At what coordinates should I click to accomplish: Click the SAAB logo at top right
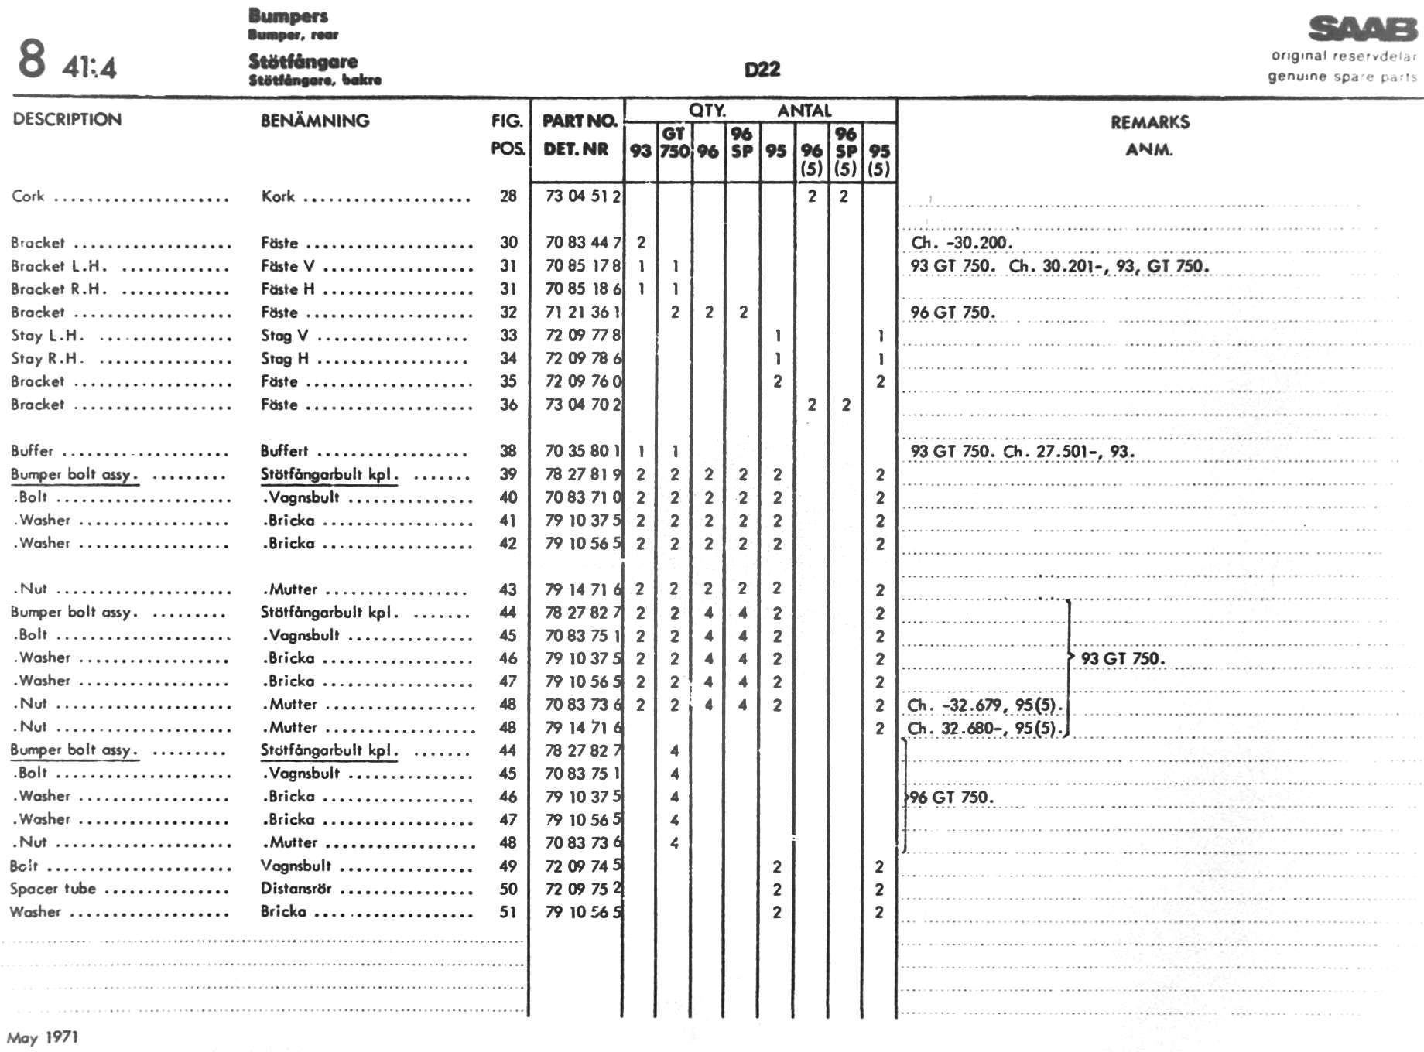click(x=1362, y=29)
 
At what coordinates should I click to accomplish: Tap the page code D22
click(x=762, y=70)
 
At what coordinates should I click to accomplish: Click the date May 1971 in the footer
click(x=43, y=1037)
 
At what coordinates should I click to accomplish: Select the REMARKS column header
click(x=1149, y=122)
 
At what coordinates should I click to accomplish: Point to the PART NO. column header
click(x=580, y=121)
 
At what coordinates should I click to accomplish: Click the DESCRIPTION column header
click(x=67, y=119)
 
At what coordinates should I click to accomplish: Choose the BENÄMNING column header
click(x=315, y=121)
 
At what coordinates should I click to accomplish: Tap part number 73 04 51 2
click(x=583, y=196)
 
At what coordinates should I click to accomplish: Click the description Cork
click(x=28, y=196)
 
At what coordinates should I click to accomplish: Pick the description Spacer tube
click(x=53, y=889)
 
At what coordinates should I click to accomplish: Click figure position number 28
click(x=508, y=196)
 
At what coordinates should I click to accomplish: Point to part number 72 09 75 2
click(x=583, y=889)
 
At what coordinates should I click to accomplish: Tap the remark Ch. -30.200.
click(x=961, y=243)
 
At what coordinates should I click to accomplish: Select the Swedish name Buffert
click(x=284, y=451)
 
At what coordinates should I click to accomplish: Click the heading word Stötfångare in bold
click(x=303, y=61)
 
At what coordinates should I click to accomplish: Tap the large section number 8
click(x=32, y=60)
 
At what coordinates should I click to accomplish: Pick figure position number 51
click(x=508, y=912)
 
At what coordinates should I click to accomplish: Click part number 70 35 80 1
click(x=583, y=451)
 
